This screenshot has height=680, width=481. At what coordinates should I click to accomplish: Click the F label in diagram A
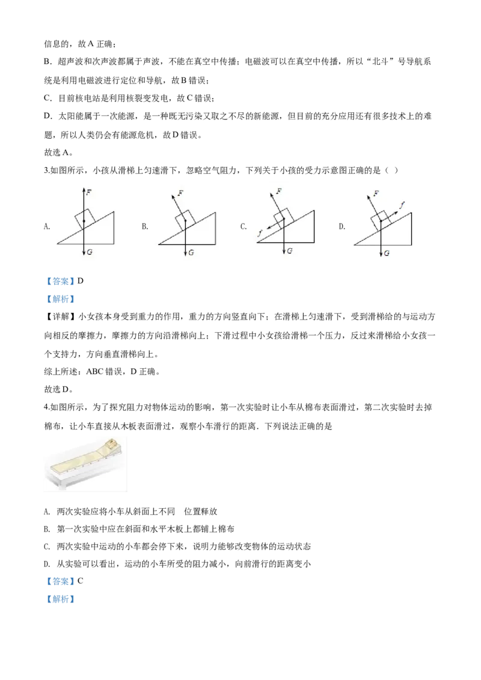pos(89,192)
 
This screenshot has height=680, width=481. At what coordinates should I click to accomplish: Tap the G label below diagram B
pos(191,252)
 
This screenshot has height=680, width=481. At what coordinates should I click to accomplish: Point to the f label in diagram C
pos(260,233)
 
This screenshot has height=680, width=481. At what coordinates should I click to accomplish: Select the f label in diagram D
pos(402,204)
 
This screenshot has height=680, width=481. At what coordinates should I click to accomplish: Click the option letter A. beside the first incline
pos(47,226)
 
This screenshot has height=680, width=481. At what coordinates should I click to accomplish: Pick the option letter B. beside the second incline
pos(145,226)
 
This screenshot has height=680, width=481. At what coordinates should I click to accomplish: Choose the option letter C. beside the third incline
pos(244,226)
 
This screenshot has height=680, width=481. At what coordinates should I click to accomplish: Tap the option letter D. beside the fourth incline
pos(342,226)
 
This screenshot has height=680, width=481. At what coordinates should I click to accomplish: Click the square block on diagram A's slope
pos(85,219)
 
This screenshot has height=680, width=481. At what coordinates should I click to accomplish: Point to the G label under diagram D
pos(387,253)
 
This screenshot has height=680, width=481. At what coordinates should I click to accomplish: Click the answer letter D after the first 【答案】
pos(81,281)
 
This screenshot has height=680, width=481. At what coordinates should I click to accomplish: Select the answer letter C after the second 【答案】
pos(81,581)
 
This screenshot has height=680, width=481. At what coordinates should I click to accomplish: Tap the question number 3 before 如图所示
pos(46,171)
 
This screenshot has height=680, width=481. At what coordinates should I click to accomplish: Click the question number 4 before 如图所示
pos(46,407)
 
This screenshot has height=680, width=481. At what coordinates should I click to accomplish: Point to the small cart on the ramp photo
pos(111,444)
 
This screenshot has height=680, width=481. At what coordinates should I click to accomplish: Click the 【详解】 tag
pos(61,317)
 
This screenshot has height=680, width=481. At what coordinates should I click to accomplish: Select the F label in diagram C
pos(279,191)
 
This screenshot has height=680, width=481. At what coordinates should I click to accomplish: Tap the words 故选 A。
pos(58,153)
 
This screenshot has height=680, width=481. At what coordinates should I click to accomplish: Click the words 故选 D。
pos(58,389)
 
